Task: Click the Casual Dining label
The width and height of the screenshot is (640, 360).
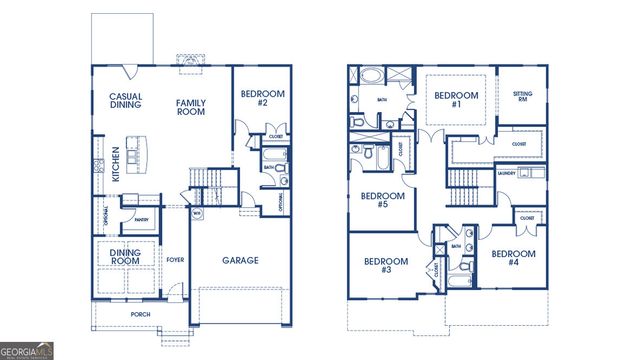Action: click(125, 102)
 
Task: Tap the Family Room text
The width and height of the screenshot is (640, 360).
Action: click(191, 107)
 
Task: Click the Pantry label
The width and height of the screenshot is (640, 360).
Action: click(141, 219)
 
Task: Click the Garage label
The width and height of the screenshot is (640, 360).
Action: click(240, 260)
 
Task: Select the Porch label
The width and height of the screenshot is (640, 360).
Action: click(140, 314)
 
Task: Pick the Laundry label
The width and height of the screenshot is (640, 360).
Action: click(507, 173)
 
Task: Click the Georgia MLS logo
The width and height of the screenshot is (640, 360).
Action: click(28, 351)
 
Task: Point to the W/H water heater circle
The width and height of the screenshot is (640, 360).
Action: click(197, 213)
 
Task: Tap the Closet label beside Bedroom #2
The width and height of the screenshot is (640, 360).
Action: click(276, 135)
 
